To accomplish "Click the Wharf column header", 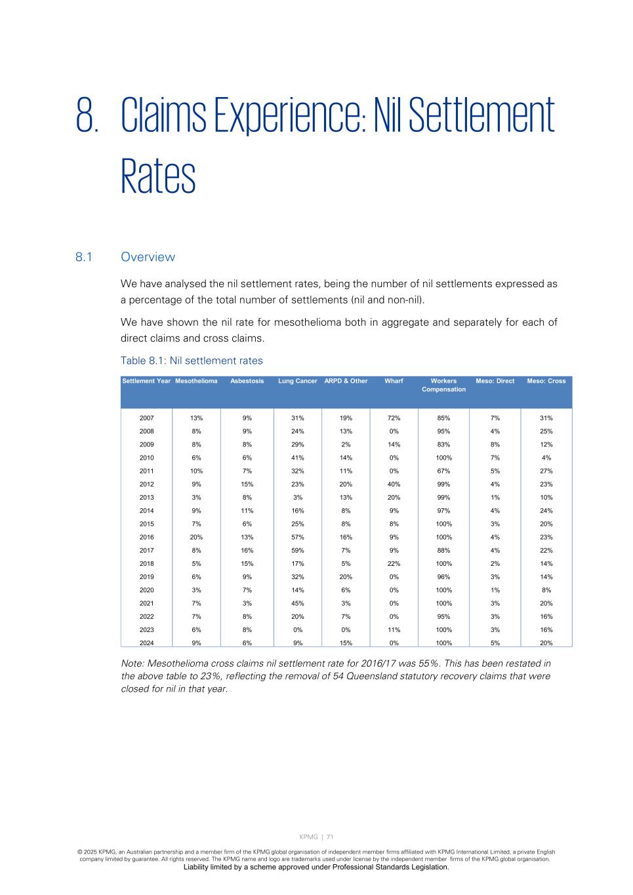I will tap(394, 381).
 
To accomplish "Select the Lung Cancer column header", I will tap(297, 381).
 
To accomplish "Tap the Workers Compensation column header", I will tap(443, 385).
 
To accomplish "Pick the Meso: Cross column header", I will tap(546, 381).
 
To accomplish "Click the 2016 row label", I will tap(147, 538).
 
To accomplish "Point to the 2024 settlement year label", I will tap(147, 643).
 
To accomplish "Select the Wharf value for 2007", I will tap(394, 418).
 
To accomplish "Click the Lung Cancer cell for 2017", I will tap(297, 551).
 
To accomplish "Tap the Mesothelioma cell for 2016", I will tap(196, 538).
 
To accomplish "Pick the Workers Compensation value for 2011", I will tap(443, 471).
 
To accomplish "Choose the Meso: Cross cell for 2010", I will tap(546, 458).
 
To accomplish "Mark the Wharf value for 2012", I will tap(394, 485).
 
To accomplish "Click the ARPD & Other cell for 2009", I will tap(346, 445).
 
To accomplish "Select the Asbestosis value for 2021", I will tap(247, 604).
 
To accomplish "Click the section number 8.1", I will tap(83, 257).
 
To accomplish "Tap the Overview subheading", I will tap(148, 257).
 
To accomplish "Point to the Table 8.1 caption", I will tap(192, 361).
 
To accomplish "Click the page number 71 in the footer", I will tap(330, 837).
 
